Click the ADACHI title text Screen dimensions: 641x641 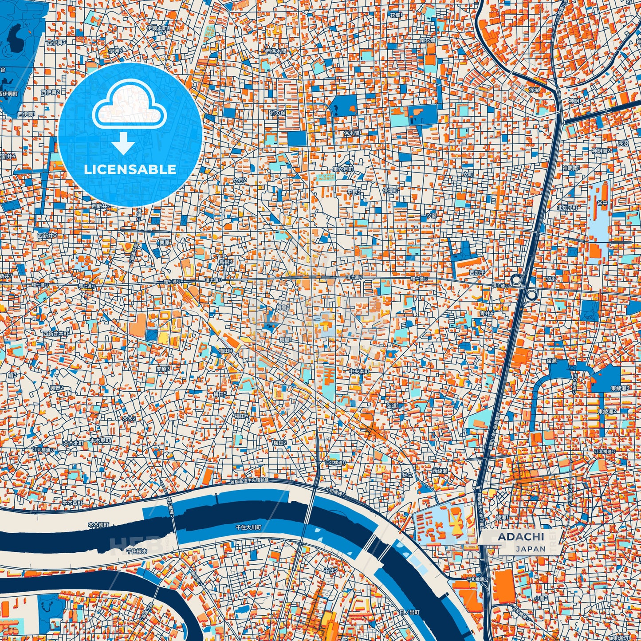(520, 536)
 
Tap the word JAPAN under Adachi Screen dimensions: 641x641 (531, 549)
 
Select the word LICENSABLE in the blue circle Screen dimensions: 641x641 (130, 169)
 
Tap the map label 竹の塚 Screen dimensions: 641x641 (279, 113)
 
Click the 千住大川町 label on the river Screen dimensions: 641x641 (248, 527)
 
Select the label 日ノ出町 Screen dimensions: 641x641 (409, 612)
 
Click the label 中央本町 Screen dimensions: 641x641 (358, 372)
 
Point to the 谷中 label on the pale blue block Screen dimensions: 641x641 (602, 203)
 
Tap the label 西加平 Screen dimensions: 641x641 (477, 272)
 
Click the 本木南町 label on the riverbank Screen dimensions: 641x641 (98, 525)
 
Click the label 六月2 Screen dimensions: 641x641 (239, 181)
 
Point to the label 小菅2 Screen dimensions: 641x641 (541, 598)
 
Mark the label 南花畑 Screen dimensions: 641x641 (428, 40)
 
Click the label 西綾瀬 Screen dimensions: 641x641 (440, 471)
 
